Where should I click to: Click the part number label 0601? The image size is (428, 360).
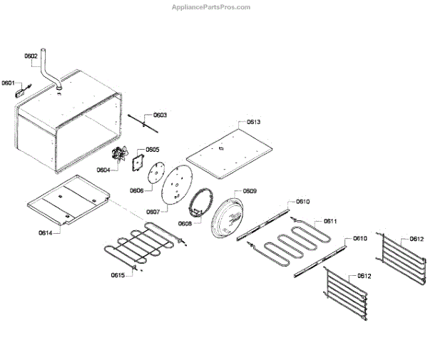tap(9, 83)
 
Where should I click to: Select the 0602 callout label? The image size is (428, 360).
tap(31, 56)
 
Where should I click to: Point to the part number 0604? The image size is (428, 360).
tap(103, 170)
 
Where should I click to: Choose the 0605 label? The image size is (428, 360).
tap(153, 150)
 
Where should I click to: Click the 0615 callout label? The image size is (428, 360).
tap(118, 274)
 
